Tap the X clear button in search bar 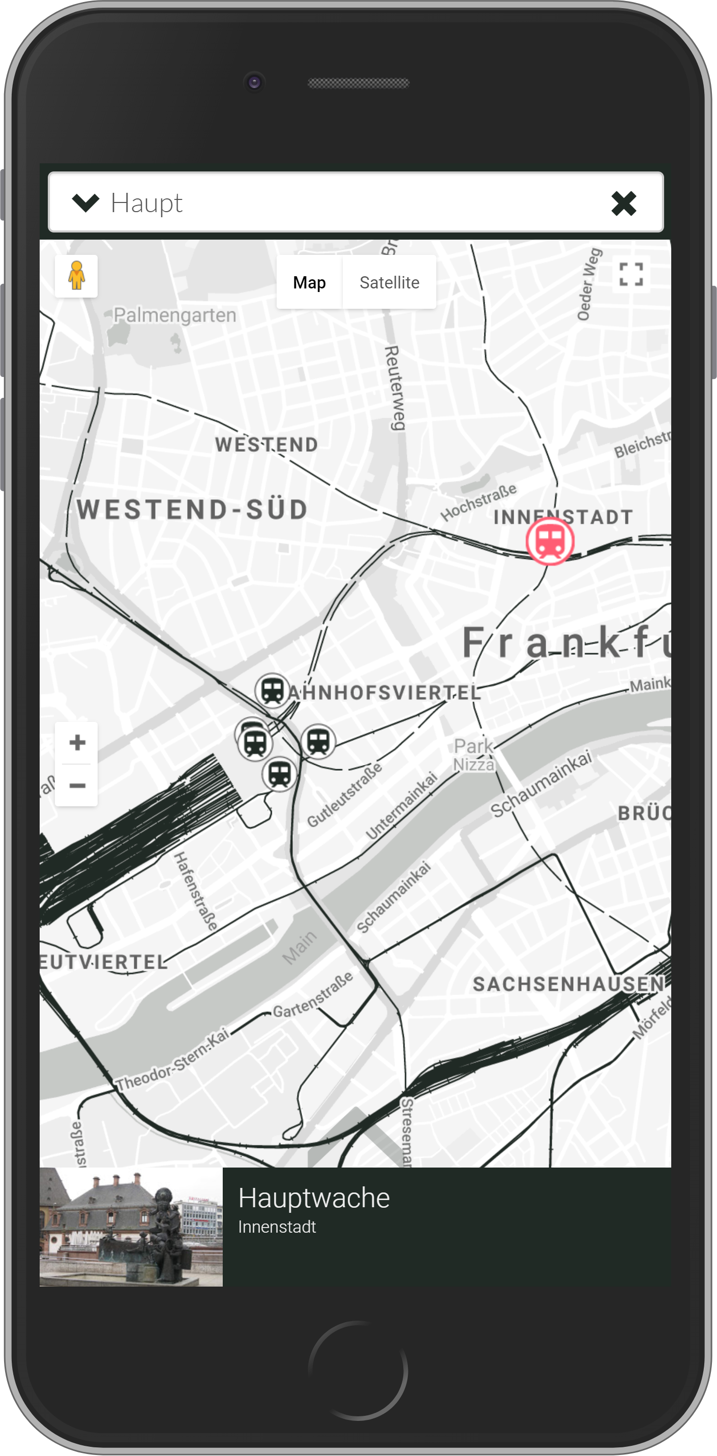624,203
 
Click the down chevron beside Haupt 86,203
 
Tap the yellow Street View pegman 76,276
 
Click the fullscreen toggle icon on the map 631,275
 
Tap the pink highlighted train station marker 550,541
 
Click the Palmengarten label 174,315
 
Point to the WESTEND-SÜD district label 192,509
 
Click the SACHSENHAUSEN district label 568,984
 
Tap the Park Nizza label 473,754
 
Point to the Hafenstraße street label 195,891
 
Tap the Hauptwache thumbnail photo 131,1227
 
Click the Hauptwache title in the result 314,1198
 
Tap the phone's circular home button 358,1371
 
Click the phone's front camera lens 254,82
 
